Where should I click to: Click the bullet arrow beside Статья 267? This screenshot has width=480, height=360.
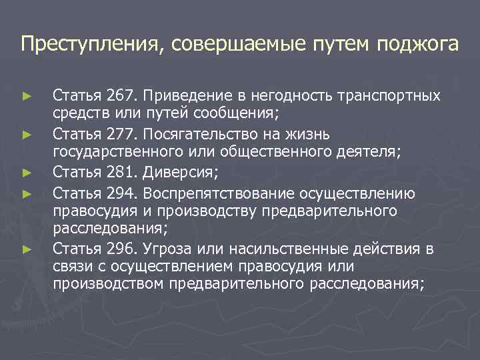tap(27, 97)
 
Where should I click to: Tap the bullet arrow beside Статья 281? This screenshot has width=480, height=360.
tap(27, 173)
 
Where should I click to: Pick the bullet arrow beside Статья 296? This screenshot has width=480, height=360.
tap(27, 250)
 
